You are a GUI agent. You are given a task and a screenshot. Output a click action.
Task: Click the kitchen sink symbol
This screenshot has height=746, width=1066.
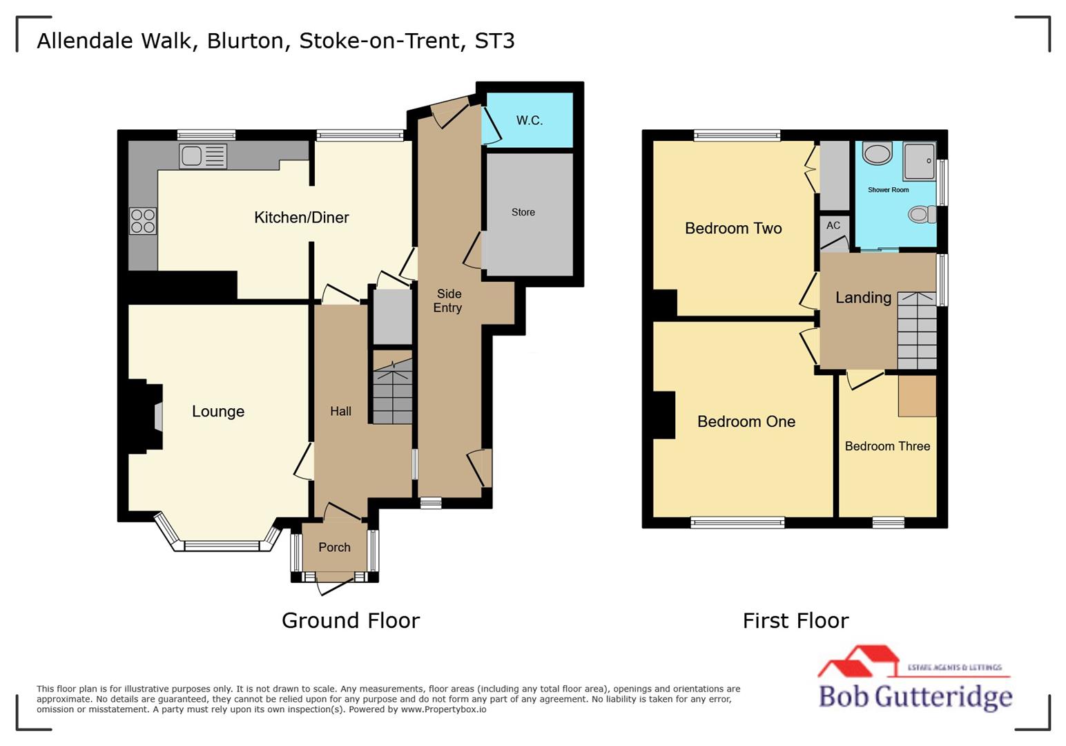(202, 156)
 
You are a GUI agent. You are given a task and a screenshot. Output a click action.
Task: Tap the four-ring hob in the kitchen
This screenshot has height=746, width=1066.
(143, 221)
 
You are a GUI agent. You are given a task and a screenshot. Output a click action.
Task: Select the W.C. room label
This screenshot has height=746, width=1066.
(530, 120)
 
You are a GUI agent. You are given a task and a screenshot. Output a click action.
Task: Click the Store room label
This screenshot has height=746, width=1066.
(523, 212)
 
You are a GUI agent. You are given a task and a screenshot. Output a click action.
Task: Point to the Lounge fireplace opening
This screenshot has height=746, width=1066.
(158, 417)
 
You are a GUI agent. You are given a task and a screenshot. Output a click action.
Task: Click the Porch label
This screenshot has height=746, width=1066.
(334, 547)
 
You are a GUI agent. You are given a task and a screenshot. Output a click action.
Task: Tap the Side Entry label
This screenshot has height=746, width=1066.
(448, 300)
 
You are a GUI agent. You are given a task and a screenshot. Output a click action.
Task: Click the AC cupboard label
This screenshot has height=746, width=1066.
(833, 225)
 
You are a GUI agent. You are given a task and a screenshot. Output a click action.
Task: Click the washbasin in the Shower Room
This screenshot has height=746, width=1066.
(877, 153)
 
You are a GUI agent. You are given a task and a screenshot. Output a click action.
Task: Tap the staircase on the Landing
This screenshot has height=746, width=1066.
(916, 332)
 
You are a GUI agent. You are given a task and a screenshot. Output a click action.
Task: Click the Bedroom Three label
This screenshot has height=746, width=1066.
(887, 446)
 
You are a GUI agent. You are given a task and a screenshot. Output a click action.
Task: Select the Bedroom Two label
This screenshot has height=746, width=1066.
(733, 229)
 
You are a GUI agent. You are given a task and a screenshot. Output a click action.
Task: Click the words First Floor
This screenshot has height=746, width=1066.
(795, 620)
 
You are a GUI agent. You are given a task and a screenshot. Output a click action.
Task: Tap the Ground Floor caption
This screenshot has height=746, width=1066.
(350, 620)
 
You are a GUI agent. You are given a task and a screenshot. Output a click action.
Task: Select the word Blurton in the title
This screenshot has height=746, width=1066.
(245, 41)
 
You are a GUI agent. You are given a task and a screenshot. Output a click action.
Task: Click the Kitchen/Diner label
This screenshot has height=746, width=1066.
(302, 218)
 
